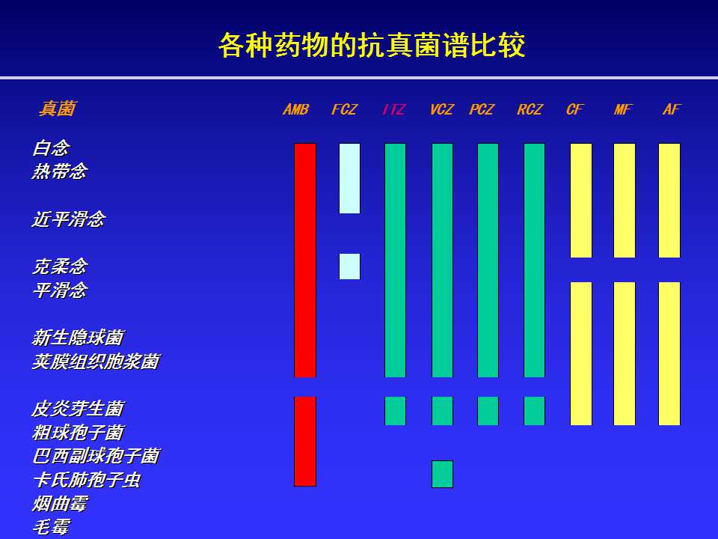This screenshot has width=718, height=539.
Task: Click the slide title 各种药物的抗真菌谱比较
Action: [x=372, y=45]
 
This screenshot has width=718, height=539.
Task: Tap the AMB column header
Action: [x=296, y=109]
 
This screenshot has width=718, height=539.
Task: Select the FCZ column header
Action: [x=344, y=109]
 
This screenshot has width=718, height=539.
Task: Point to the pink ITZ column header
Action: [x=394, y=109]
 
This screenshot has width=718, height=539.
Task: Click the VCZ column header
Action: [x=442, y=109]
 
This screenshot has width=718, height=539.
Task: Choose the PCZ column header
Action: [x=482, y=109]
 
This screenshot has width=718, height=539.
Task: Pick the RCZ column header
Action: [x=530, y=109]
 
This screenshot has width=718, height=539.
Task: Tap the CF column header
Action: [x=575, y=109]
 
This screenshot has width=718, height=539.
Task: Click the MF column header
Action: [x=623, y=109]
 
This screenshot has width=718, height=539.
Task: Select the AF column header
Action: [x=672, y=109]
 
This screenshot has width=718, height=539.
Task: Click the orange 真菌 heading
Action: [x=57, y=109]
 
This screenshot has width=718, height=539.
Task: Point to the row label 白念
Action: [x=51, y=148]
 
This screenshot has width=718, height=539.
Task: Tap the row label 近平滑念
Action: [x=69, y=219]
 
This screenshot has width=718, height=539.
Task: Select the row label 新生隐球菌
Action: [x=78, y=338]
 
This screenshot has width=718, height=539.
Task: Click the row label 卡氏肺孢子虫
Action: [x=87, y=480]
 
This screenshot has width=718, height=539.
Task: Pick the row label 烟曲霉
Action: [x=60, y=504]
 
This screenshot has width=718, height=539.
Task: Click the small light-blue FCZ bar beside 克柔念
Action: [x=349, y=267]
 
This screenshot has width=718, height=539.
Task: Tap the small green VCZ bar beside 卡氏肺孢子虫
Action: [x=442, y=474]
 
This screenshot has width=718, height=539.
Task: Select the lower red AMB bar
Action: [x=305, y=442]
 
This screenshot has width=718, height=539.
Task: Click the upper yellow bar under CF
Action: [x=581, y=201]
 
